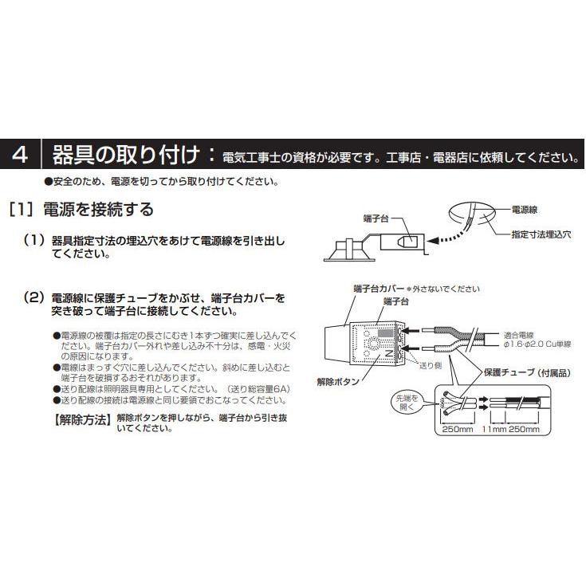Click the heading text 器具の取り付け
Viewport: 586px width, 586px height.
[x=131, y=155]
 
